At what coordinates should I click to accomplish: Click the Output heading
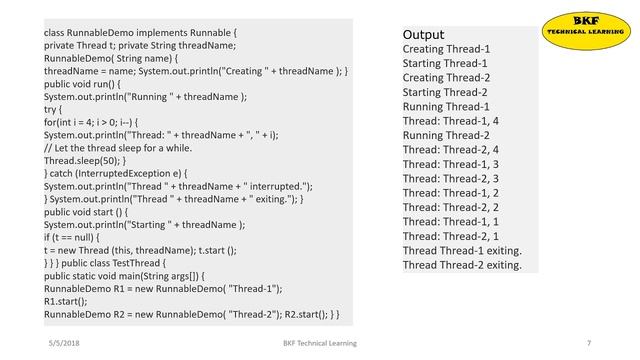(x=423, y=34)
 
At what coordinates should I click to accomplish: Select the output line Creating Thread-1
(x=445, y=48)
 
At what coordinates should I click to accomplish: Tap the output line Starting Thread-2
(x=446, y=91)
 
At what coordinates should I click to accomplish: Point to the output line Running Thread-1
(x=446, y=106)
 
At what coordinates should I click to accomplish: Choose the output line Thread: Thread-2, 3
(x=451, y=178)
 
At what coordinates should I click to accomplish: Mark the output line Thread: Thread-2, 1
(x=451, y=236)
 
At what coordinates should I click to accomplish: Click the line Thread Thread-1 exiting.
(x=462, y=250)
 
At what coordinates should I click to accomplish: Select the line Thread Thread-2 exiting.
(x=462, y=265)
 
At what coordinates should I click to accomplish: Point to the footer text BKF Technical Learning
(x=319, y=343)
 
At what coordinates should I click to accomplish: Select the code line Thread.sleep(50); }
(x=84, y=160)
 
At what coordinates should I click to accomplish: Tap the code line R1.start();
(x=67, y=301)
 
